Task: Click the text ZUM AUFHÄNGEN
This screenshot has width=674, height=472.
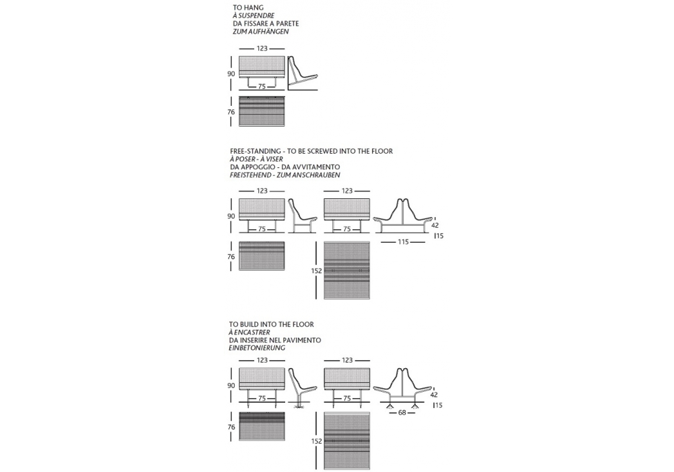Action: [x=260, y=32]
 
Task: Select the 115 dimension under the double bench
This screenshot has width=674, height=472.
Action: [x=404, y=241]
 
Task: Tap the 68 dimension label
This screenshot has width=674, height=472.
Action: [x=403, y=413]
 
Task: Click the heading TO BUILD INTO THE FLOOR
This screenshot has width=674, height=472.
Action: [x=271, y=324]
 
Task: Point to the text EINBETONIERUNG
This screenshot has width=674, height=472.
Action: [x=257, y=348]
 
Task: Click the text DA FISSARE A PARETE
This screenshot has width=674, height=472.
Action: [x=266, y=24]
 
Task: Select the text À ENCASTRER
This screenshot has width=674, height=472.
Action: [x=250, y=332]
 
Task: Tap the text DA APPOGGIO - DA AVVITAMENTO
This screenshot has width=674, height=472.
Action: [x=284, y=167]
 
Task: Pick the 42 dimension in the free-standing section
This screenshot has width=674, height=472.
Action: [x=435, y=225]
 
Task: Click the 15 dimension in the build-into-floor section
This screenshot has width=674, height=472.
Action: [x=439, y=405]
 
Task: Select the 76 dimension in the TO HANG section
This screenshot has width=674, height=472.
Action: [x=231, y=113]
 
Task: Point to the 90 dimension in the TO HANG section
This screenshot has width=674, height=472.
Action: [x=231, y=74]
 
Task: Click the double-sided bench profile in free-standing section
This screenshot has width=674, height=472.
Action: [x=402, y=217]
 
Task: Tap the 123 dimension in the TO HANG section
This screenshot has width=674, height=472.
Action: [x=262, y=49]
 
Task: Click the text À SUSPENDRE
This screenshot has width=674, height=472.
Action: [x=253, y=16]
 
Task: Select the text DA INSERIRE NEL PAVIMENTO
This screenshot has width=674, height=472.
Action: [x=275, y=340]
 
